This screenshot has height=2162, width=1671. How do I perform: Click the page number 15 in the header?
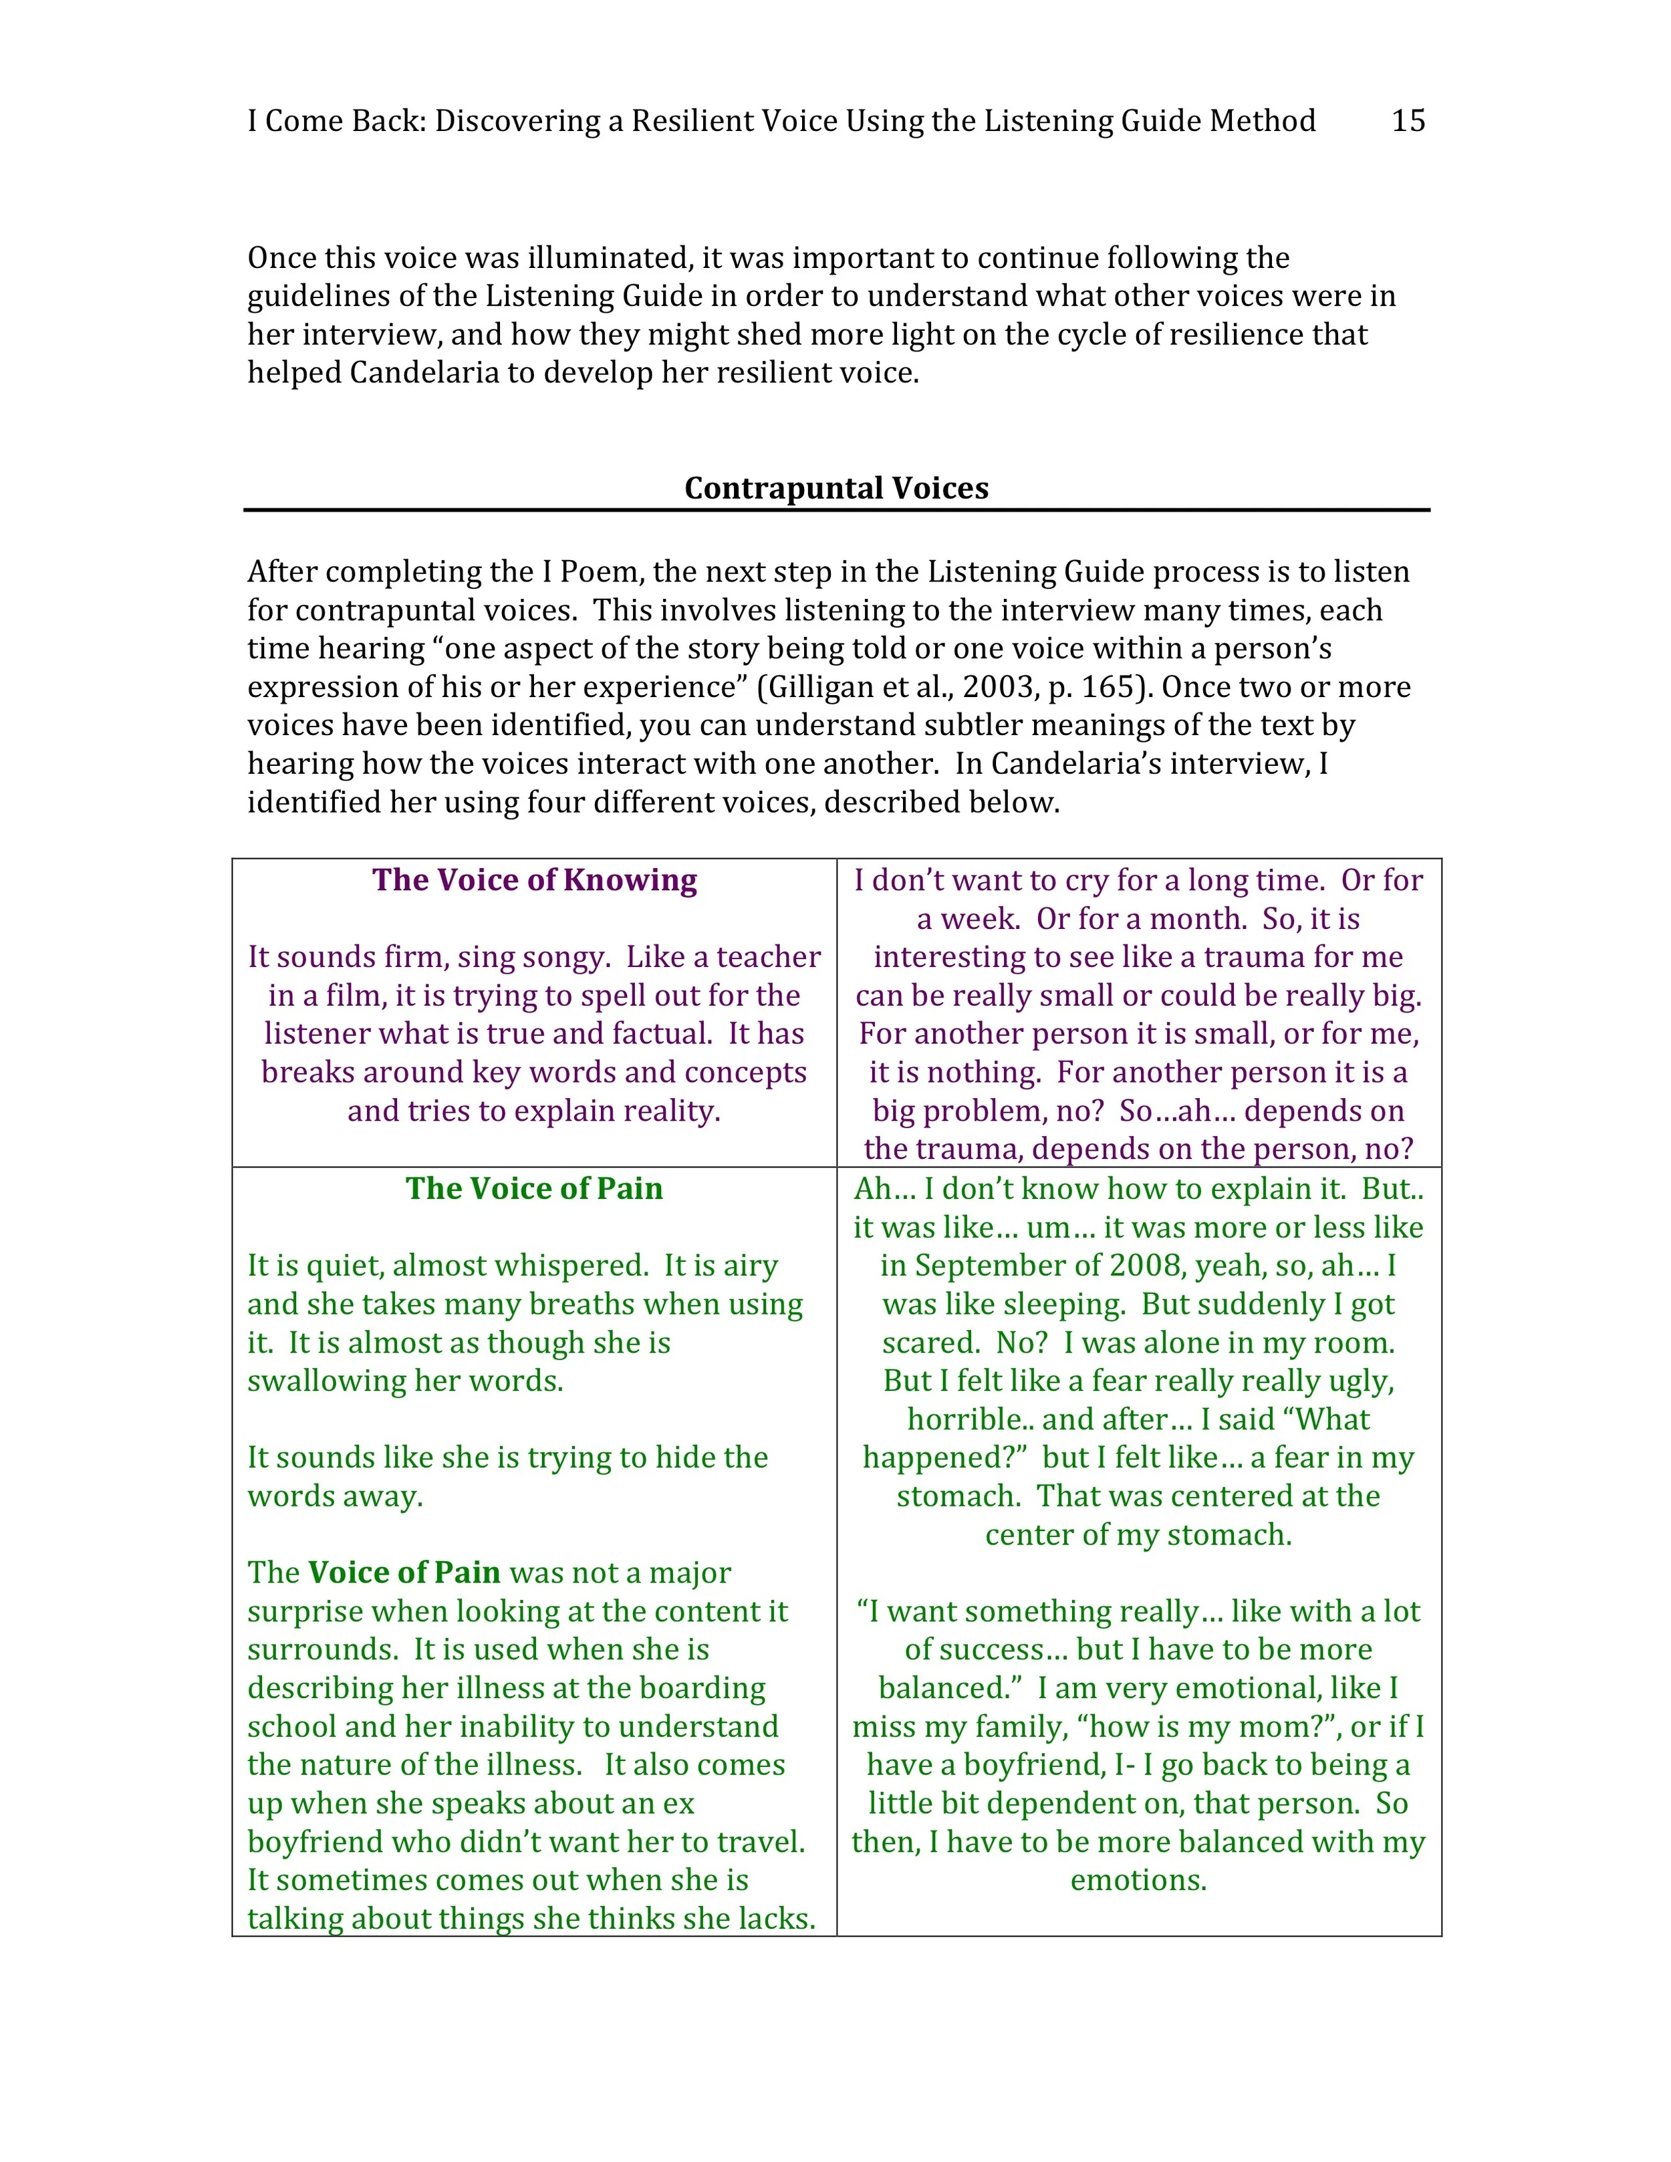1408,121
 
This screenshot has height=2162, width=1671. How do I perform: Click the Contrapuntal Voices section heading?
835,488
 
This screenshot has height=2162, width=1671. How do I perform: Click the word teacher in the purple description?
768,957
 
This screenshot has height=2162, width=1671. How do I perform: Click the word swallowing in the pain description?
327,1381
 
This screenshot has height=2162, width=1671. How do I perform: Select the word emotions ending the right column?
1138,1880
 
